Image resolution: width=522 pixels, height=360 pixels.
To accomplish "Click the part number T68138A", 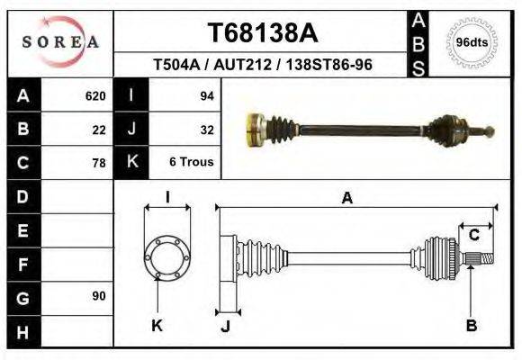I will point(263,33).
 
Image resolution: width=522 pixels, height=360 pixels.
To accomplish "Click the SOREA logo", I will point(59,41).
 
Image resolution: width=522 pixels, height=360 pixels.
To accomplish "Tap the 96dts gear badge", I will point(472,42).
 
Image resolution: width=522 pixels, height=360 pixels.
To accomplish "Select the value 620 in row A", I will point(95,95).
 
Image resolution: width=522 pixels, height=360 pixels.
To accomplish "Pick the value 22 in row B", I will point(99,129).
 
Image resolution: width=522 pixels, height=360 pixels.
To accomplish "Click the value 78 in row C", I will point(99,163).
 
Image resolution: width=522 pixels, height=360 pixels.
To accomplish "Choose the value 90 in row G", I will point(99,296).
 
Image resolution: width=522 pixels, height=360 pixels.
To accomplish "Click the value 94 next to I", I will point(205,95).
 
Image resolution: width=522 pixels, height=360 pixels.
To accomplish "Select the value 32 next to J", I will point(206,129).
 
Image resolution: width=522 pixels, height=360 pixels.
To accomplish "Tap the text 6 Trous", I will point(191,162).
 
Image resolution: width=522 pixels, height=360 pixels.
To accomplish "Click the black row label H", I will point(22,332).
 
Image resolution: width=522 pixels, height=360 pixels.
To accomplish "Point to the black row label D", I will point(22,196).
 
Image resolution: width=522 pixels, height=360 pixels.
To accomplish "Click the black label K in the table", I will point(131,162).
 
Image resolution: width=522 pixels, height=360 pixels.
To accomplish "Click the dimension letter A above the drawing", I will point(346,199).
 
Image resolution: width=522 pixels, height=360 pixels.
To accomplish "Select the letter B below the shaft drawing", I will point(471,326).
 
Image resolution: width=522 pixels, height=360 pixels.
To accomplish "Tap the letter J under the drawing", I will point(225,327).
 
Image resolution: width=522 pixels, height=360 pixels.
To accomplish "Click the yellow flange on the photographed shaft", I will point(255,130).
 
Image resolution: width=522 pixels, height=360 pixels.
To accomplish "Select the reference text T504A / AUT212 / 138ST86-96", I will point(263,66).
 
